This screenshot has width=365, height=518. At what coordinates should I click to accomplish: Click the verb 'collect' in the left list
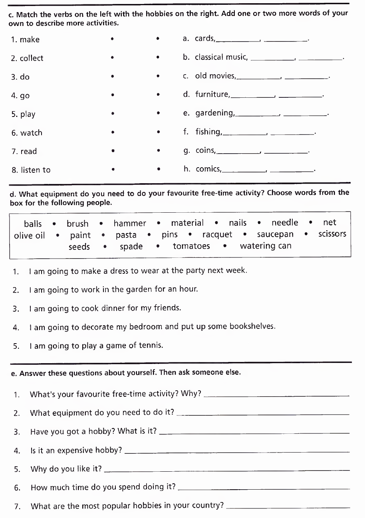pyautogui.click(x=32, y=58)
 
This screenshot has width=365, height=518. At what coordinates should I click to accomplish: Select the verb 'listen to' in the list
pyautogui.click(x=36, y=170)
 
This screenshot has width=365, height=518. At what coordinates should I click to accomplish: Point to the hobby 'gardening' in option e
pyautogui.click(x=214, y=113)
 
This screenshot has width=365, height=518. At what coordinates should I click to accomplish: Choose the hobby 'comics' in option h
pyautogui.click(x=208, y=169)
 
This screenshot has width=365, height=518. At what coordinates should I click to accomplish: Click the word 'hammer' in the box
pyautogui.click(x=130, y=223)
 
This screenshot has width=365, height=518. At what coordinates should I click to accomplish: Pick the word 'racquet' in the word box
pyautogui.click(x=217, y=235)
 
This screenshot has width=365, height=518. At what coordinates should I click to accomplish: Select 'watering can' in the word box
pyautogui.click(x=266, y=246)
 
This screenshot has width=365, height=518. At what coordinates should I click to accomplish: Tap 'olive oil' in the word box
pyautogui.click(x=30, y=235)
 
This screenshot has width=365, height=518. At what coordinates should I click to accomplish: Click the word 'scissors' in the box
pyautogui.click(x=332, y=234)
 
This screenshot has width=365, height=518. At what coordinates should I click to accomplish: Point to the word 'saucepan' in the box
pyautogui.click(x=275, y=235)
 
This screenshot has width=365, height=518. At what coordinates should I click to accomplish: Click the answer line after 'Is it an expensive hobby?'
pyautogui.click(x=237, y=451)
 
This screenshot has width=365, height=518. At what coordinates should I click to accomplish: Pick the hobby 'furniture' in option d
pyautogui.click(x=212, y=95)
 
